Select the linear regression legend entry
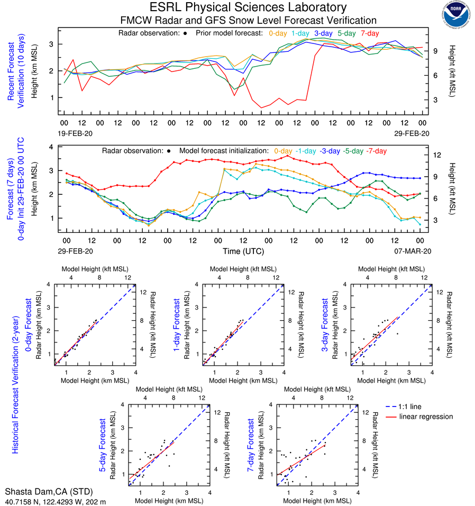click(426, 417)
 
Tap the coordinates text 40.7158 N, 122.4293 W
click(56, 501)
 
